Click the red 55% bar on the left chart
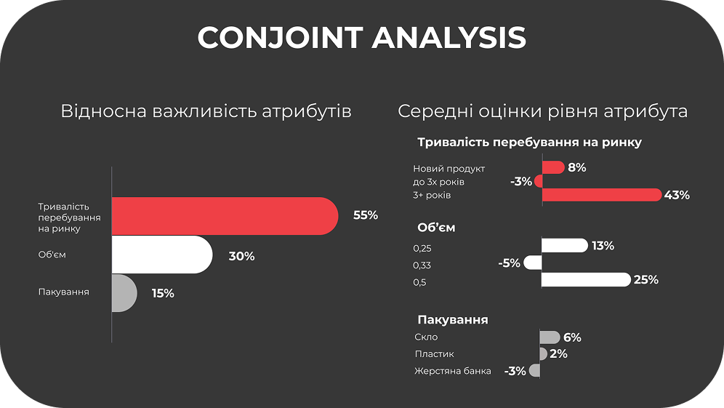(x=225, y=216)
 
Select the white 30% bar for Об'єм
(x=162, y=255)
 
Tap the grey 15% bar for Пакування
(x=124, y=293)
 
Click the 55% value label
(x=366, y=215)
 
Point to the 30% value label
(x=241, y=257)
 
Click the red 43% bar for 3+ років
(x=602, y=195)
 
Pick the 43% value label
(x=677, y=196)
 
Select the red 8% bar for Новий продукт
(x=553, y=167)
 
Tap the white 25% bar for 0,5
(x=586, y=279)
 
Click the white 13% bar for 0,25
(x=565, y=245)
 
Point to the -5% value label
(x=510, y=263)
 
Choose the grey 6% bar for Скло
(x=550, y=337)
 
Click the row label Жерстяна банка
(x=452, y=371)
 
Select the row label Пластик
(x=434, y=354)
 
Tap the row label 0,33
(x=422, y=265)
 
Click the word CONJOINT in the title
(x=280, y=37)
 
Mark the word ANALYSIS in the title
(x=449, y=37)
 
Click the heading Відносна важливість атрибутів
(x=206, y=111)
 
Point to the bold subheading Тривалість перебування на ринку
(x=530, y=143)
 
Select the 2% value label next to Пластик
(x=559, y=354)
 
